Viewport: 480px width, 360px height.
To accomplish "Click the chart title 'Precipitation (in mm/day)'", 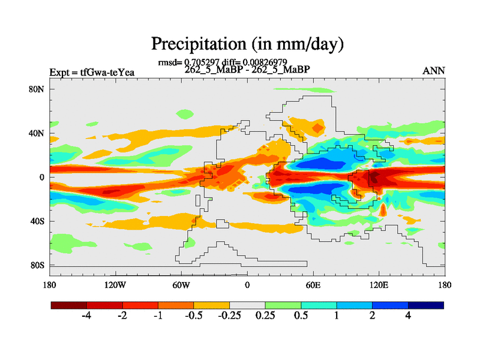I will [247, 44].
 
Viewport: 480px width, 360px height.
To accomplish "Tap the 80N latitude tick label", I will [38, 89].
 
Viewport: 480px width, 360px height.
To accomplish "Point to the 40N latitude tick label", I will [38, 133].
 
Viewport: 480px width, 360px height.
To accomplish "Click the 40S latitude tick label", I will [38, 221].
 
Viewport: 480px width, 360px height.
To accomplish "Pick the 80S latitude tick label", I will [38, 265].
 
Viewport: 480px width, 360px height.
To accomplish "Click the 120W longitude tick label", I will [115, 285].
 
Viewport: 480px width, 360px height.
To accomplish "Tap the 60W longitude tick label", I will [181, 285].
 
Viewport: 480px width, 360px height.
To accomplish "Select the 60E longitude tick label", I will [313, 285].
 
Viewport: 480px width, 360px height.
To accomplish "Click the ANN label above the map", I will [434, 71].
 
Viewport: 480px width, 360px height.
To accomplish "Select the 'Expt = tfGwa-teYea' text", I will [92, 73].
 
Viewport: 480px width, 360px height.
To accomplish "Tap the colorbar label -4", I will [86, 316].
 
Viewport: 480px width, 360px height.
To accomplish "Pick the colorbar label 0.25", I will [265, 316].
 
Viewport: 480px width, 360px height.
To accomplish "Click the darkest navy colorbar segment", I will [426, 305].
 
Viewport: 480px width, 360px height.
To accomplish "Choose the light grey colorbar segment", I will [247, 305].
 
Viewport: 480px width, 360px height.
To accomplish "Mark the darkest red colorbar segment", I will [68, 305].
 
